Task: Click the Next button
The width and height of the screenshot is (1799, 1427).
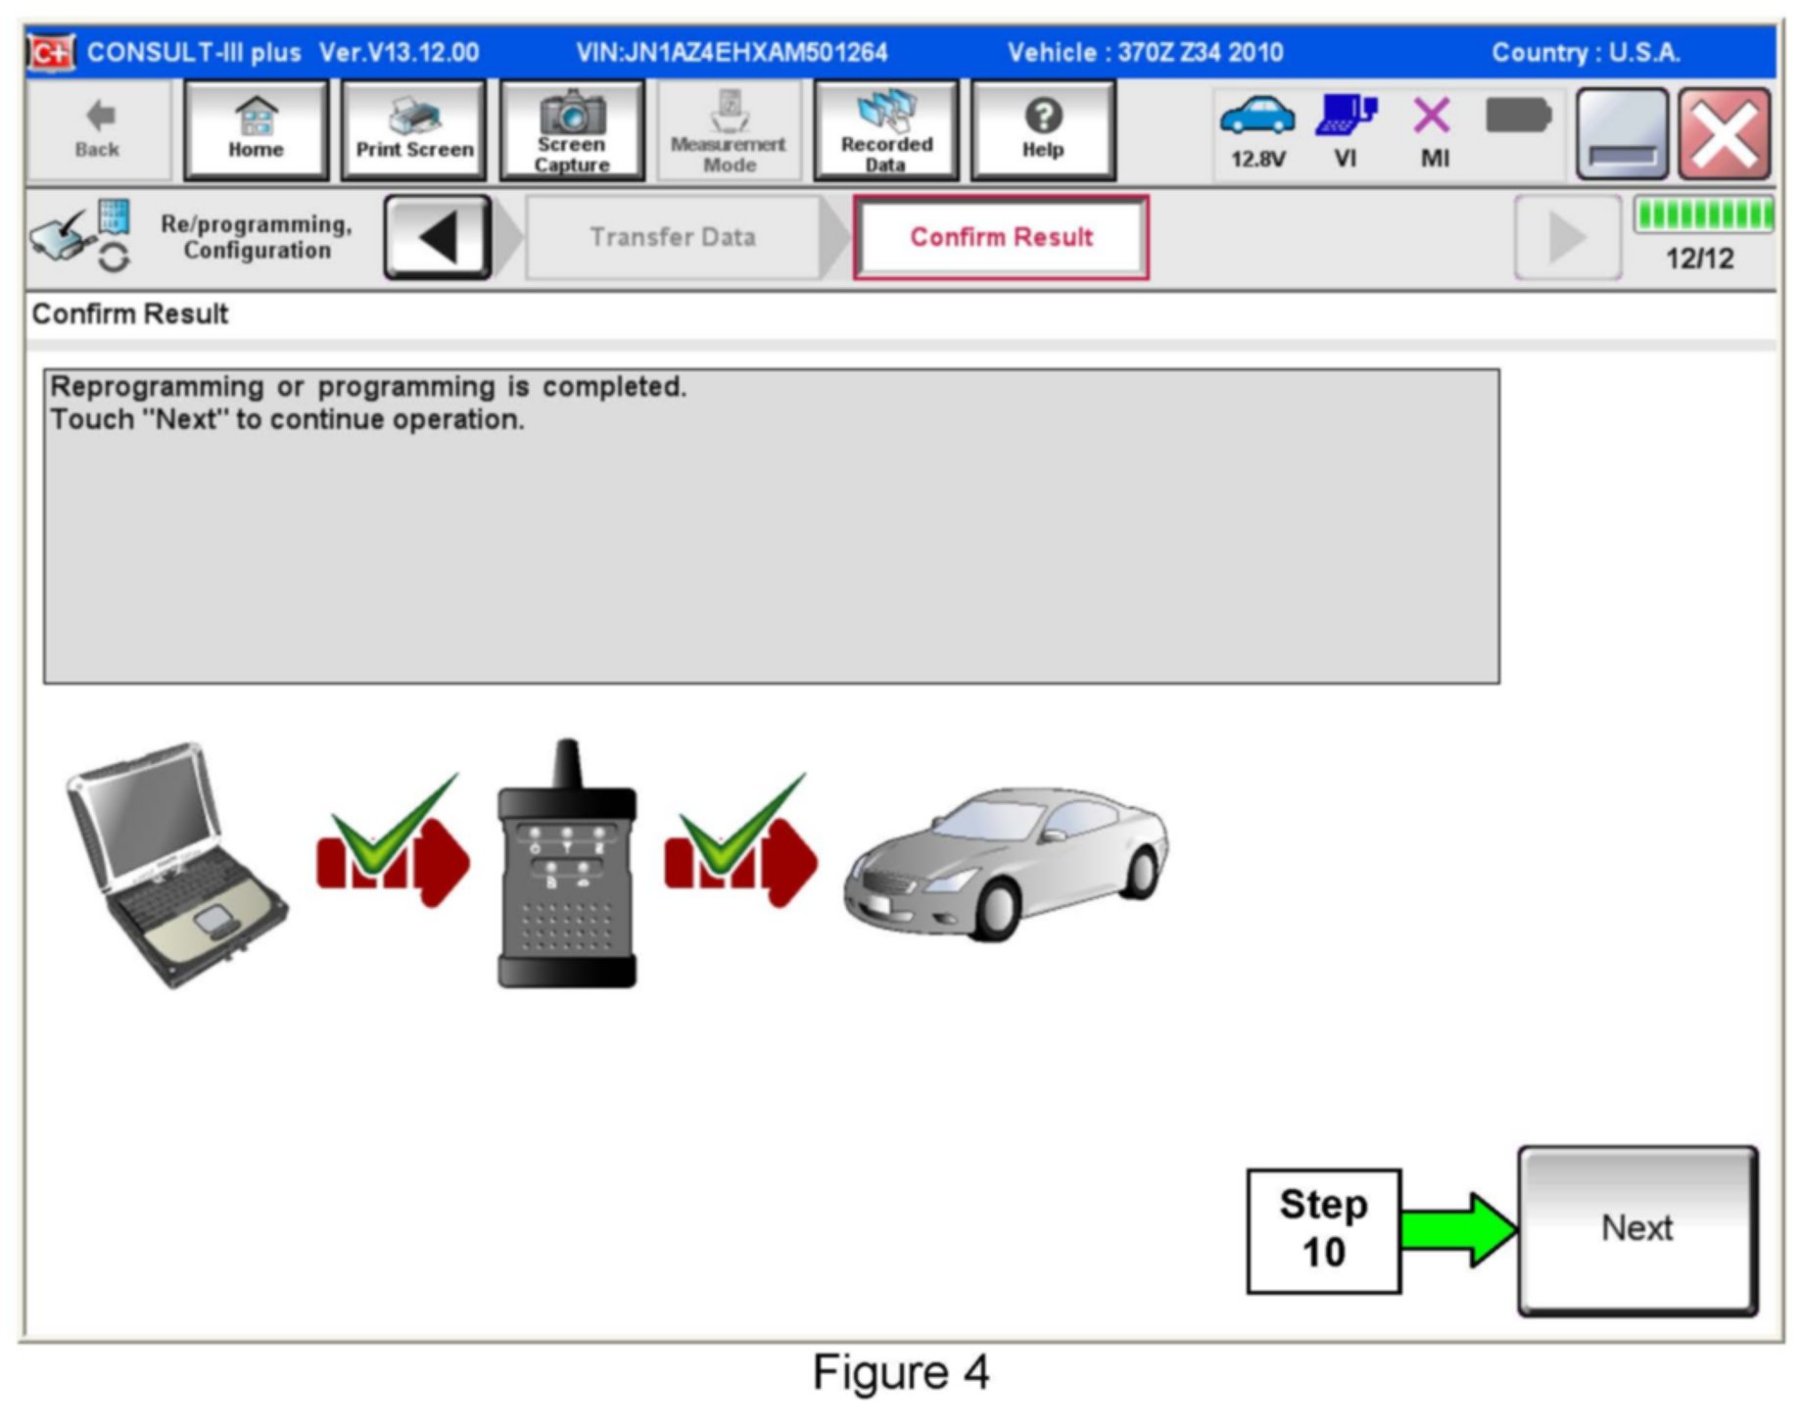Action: click(x=1636, y=1229)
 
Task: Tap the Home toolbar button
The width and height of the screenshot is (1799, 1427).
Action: click(x=256, y=130)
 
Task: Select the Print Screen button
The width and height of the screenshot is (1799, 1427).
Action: click(x=413, y=130)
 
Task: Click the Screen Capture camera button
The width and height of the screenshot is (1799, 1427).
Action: click(x=572, y=130)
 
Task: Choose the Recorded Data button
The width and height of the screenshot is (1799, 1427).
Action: click(x=885, y=130)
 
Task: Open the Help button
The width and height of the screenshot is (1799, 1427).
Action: click(x=1042, y=130)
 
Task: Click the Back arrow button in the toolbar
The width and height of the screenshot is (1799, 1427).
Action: click(x=97, y=130)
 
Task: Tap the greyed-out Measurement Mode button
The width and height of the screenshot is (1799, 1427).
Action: click(x=729, y=130)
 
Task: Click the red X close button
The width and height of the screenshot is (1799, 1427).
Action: click(x=1724, y=134)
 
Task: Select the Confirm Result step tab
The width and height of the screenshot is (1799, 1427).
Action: click(x=1000, y=237)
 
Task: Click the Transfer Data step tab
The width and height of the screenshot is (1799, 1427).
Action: click(x=673, y=237)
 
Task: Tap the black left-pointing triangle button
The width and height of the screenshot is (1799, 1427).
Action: click(x=438, y=237)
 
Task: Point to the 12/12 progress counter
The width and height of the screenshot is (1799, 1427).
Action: click(x=1699, y=259)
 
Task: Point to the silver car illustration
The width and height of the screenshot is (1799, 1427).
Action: click(x=1006, y=862)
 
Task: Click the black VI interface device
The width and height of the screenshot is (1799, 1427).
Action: click(x=567, y=867)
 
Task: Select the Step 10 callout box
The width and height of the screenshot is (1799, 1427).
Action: click(x=1323, y=1230)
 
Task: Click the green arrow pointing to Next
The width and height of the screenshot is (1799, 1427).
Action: click(x=1457, y=1229)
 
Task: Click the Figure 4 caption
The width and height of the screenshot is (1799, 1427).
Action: click(x=900, y=1372)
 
